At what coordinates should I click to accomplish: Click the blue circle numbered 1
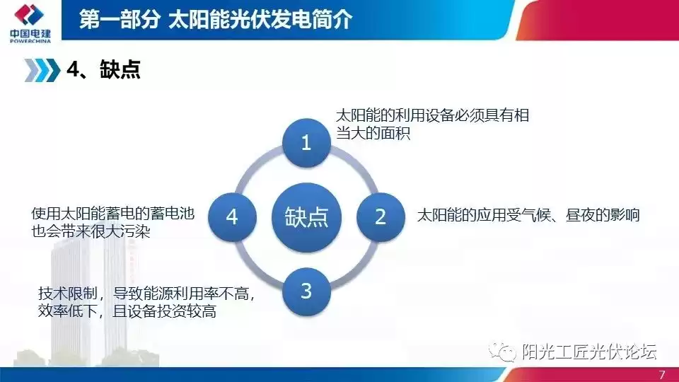306,144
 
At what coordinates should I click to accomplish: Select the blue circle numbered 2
380,216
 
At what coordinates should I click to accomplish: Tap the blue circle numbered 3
306,291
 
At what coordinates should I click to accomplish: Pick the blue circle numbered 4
232,216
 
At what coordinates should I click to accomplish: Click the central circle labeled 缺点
306,216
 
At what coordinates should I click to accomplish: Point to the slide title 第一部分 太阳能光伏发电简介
215,19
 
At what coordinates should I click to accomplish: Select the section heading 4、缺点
103,69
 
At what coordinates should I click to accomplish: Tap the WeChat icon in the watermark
506,352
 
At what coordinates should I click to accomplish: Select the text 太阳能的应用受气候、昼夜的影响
528,215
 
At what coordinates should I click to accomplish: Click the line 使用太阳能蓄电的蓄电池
113,214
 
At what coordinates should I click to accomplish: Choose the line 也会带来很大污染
91,233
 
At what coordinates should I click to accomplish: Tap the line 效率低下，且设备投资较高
127,311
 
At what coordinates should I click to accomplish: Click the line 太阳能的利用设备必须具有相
431,115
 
